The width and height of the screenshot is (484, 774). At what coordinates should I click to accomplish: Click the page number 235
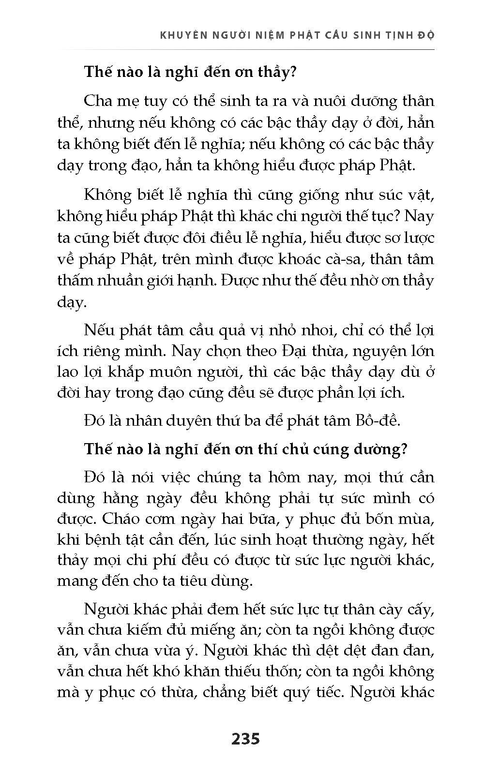(x=245, y=739)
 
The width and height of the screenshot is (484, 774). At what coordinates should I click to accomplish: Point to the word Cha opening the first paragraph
(x=98, y=101)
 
